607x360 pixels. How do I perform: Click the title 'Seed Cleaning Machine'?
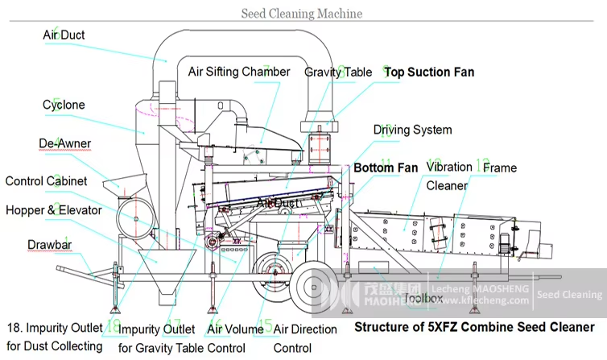coord(302,14)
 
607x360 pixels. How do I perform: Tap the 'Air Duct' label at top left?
coord(64,35)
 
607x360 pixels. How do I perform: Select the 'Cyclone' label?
coord(64,105)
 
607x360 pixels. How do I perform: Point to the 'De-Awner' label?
coord(65,143)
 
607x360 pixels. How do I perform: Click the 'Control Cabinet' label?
coord(47,181)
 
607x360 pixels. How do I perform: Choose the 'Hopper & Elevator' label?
coord(54,210)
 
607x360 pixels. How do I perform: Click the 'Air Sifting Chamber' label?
coord(239,72)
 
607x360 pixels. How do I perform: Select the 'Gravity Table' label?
coord(338,72)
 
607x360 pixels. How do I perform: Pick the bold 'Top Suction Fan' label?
coord(429,72)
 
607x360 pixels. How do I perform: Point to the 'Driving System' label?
coord(412,130)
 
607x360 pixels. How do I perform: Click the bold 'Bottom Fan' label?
coord(386,168)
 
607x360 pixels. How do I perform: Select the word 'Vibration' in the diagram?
coord(449,167)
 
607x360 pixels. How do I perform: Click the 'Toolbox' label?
coord(423,298)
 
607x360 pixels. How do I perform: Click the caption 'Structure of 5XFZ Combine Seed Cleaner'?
coord(474,327)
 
